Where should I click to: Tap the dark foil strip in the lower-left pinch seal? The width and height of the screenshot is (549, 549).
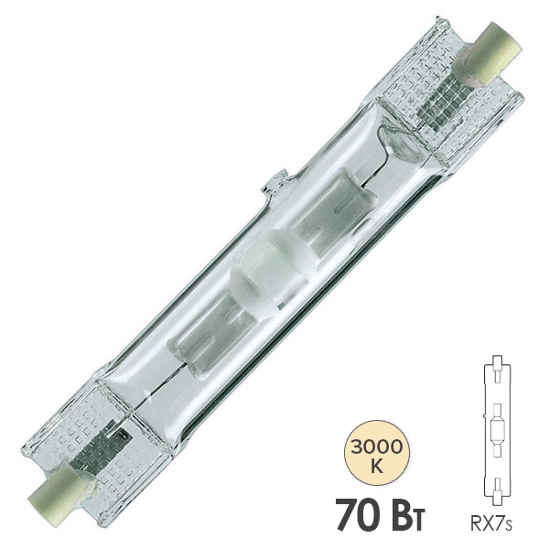click(102, 443)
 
